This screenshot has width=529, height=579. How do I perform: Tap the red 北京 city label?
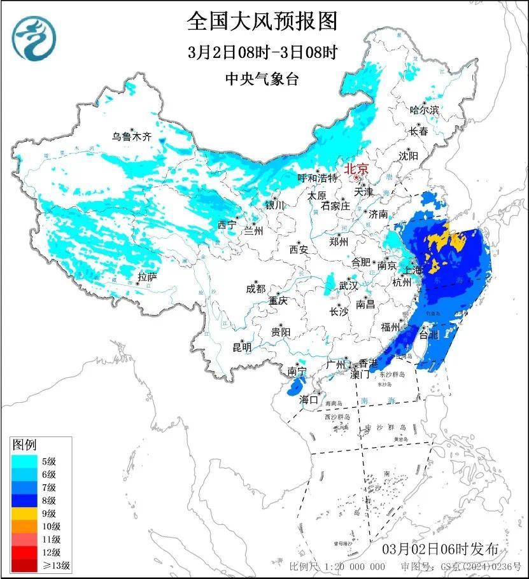(x=356, y=170)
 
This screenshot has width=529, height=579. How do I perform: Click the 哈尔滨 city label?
(x=425, y=110)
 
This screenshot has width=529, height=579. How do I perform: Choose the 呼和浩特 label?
(x=318, y=179)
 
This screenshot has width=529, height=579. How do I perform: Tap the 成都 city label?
(x=255, y=288)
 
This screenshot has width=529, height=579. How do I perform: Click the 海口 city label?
(x=309, y=400)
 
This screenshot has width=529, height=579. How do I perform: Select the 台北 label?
(x=430, y=333)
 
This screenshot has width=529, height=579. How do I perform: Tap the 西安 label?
(x=299, y=249)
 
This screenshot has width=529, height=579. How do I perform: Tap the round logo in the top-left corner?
(x=35, y=34)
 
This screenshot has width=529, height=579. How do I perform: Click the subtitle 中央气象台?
(x=262, y=79)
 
